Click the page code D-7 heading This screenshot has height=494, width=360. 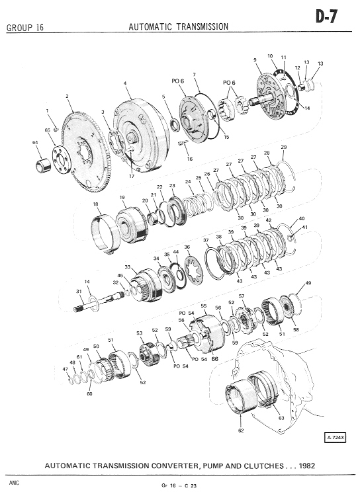coord(327,17)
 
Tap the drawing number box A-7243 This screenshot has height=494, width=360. coord(336,437)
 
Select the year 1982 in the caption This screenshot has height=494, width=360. coord(306,466)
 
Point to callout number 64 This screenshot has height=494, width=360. coord(35,142)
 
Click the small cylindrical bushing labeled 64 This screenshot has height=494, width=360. coord(43,166)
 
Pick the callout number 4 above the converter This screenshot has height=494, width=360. coord(125,83)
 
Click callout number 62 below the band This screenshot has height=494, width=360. coord(241,431)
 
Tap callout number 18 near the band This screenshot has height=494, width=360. coord(96,204)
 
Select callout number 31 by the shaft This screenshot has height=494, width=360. coord(79,292)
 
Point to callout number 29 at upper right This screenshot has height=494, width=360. coord(283,147)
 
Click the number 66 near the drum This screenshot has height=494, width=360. coord(214,359)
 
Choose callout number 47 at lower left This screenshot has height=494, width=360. coord(66,368)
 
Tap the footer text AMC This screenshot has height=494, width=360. coord(14,483)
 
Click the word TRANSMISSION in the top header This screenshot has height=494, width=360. coord(202,26)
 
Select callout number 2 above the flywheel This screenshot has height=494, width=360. coord(67,96)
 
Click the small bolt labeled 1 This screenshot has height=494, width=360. coord(56,129)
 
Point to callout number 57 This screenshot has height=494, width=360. coord(242,296)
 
